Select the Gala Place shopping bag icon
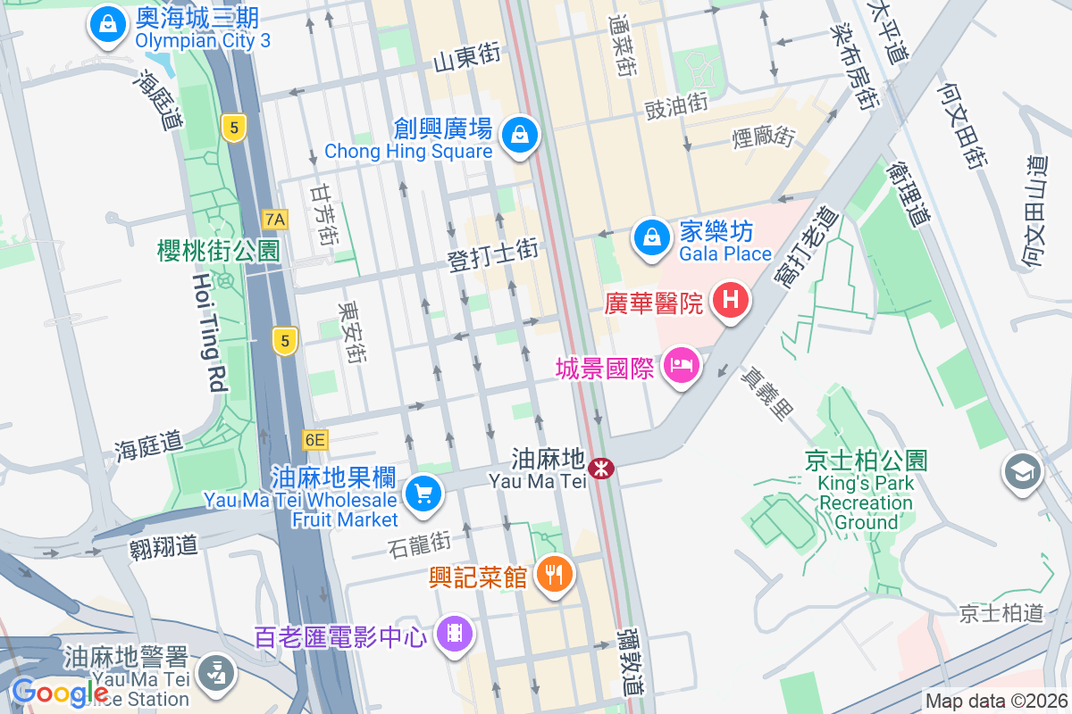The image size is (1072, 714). point(652,238)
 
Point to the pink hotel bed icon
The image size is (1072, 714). point(682,366)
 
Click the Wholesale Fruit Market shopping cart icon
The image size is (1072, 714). point(423,494)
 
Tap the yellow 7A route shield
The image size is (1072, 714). point(275,219)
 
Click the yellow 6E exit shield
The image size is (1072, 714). point(314,439)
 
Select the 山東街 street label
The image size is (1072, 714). point(465,58)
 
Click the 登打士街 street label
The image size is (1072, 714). point(493,255)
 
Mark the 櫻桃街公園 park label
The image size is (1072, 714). point(218,251)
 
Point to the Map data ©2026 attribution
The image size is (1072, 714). point(996,702)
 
